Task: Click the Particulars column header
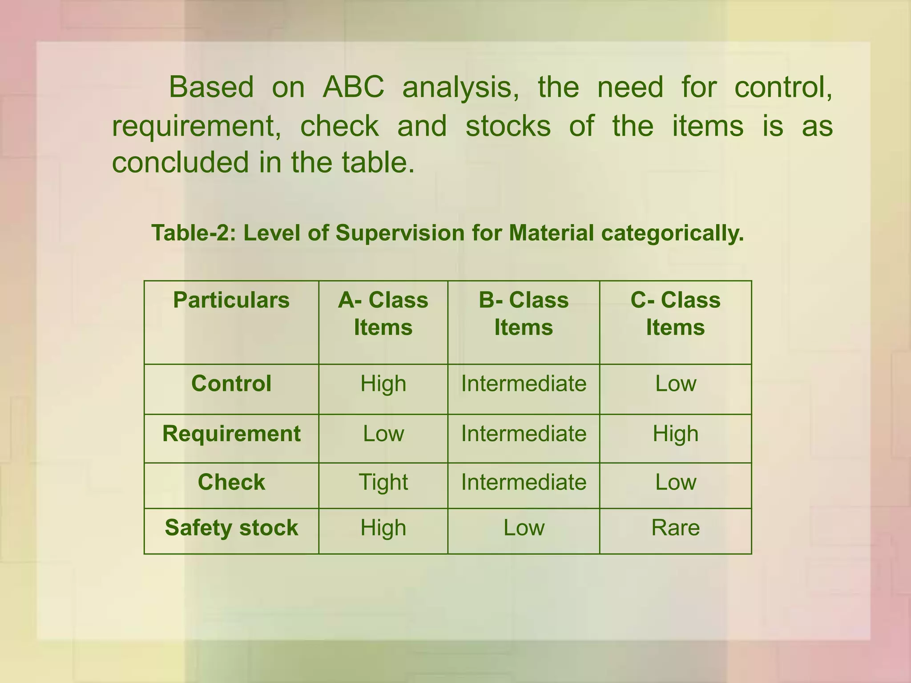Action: click(231, 300)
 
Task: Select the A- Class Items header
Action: click(383, 313)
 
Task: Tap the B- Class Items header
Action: click(524, 313)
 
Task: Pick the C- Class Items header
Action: click(675, 313)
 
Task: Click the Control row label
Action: click(231, 383)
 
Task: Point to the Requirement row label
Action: click(231, 434)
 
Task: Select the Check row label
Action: click(231, 482)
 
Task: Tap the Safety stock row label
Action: click(231, 528)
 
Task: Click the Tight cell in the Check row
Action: click(383, 482)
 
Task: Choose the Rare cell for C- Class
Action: click(675, 528)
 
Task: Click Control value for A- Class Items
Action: click(383, 383)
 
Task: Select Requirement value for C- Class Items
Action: click(675, 434)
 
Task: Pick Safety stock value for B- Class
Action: click(524, 528)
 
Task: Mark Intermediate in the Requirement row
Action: click(524, 434)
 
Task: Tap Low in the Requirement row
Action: click(383, 434)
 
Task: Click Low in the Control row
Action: click(675, 383)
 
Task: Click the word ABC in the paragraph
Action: click(353, 87)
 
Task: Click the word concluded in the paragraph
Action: click(180, 162)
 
